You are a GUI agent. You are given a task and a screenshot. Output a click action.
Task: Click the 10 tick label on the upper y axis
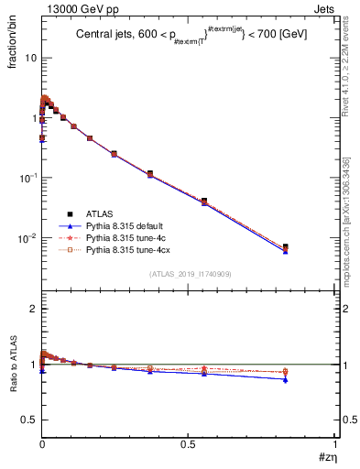point(30,58)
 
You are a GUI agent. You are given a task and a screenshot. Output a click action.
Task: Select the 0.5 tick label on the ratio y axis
point(29,420)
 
